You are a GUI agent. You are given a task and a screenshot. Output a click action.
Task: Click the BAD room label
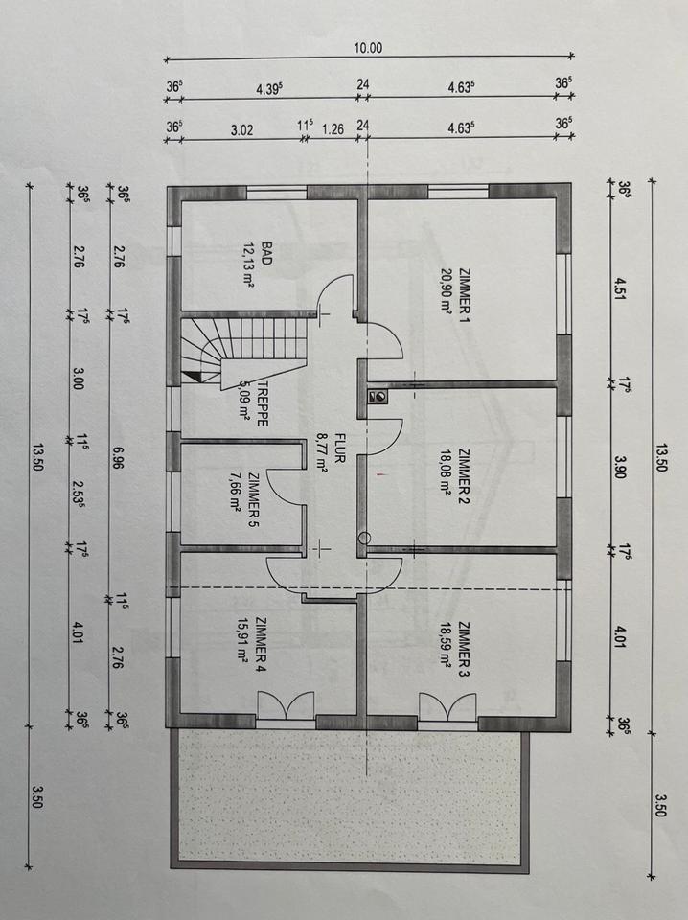point(267,254)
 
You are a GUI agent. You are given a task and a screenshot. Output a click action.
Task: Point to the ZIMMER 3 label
point(464,650)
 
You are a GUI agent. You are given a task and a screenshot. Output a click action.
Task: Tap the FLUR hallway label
point(338,448)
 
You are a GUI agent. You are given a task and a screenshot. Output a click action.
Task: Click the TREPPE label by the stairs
point(263,404)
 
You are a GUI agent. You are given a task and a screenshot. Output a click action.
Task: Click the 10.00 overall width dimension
point(368,48)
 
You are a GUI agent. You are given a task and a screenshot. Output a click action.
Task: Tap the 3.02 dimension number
point(241,129)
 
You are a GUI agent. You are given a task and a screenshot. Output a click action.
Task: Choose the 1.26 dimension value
point(333,129)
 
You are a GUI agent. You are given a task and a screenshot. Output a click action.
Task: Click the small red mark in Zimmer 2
point(381,472)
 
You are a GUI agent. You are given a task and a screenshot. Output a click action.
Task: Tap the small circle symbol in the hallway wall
point(364,538)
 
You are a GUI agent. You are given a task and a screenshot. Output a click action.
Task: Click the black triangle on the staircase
point(193,378)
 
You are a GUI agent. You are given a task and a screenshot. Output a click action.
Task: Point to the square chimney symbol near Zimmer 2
point(378,397)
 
